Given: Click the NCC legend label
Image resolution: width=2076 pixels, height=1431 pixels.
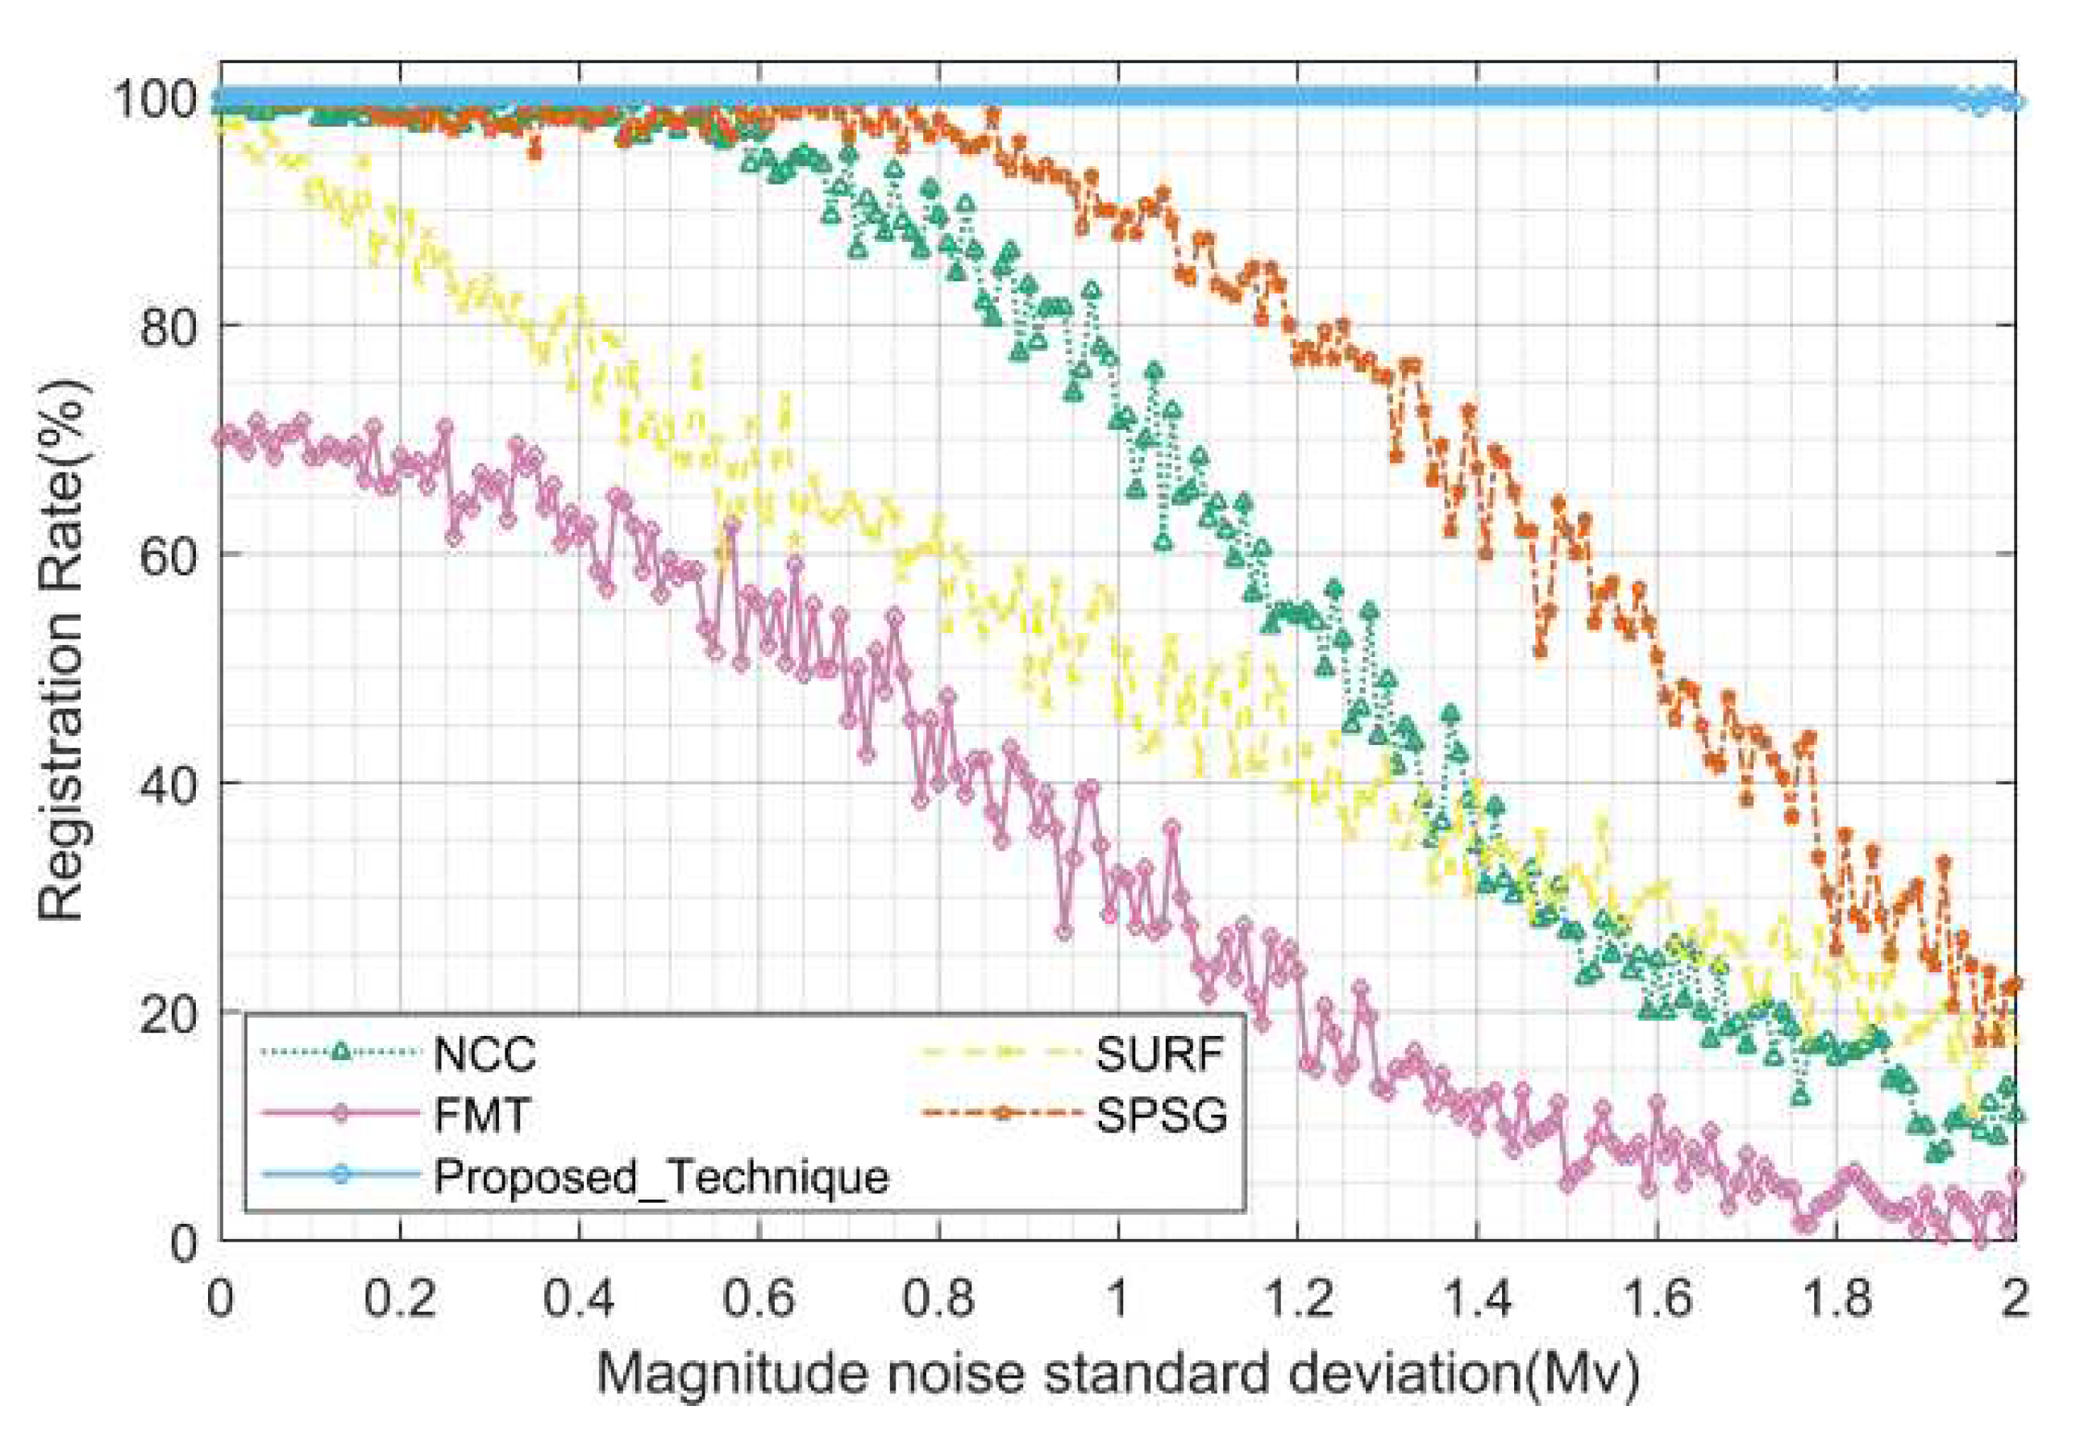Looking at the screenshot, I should [x=484, y=1054].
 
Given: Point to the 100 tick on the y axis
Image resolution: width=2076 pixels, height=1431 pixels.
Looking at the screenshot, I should [x=152, y=98].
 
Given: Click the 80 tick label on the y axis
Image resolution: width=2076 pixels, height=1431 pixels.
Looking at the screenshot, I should [x=168, y=327].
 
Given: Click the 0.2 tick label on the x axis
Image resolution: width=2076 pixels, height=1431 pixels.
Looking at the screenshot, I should [x=399, y=1298].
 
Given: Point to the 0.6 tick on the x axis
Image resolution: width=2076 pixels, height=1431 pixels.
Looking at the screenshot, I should [x=759, y=1298].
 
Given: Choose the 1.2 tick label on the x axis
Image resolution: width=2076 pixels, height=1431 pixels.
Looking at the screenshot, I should [x=1298, y=1298].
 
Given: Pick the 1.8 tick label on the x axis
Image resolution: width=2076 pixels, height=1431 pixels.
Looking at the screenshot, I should [x=1836, y=1298].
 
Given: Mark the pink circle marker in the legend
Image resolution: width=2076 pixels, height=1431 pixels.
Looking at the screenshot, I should [x=339, y=1113].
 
